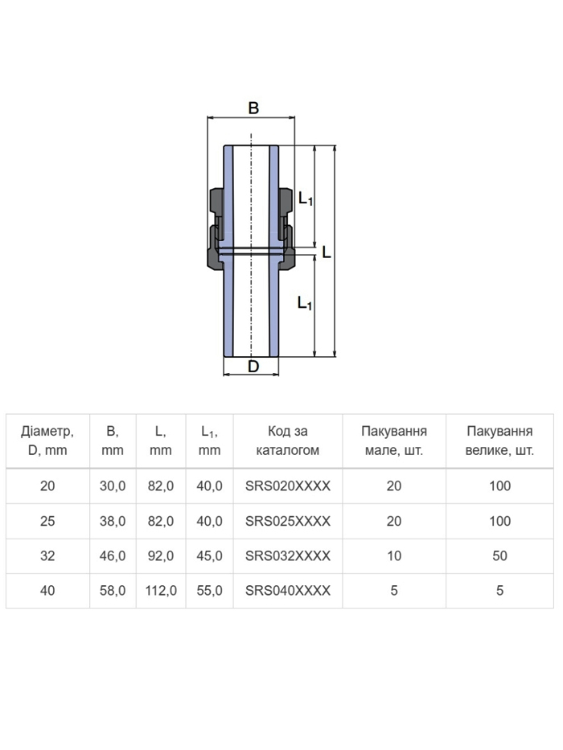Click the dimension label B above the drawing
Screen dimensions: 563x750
[253, 108]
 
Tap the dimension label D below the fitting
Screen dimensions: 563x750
[253, 367]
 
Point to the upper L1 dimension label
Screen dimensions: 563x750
[306, 198]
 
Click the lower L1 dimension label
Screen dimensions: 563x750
[305, 303]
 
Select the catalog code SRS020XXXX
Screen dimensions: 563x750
[288, 486]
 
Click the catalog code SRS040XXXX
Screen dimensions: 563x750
[288, 591]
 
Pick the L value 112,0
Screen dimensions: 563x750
[161, 591]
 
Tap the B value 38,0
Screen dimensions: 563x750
[113, 522]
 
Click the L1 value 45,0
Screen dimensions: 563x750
[210, 556]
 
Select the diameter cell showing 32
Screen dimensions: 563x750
[47, 555]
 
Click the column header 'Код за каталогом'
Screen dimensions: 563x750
[288, 441]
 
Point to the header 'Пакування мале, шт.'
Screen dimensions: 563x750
[394, 441]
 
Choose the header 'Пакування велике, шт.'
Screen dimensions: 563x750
[499, 441]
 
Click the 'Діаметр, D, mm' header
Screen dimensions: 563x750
[47, 441]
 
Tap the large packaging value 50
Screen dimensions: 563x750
[499, 555]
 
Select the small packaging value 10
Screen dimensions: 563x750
[394, 555]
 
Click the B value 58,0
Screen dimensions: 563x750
[113, 591]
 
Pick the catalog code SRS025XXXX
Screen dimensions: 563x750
[288, 521]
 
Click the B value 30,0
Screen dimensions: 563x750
[113, 486]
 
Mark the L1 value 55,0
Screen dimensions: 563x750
[210, 591]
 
